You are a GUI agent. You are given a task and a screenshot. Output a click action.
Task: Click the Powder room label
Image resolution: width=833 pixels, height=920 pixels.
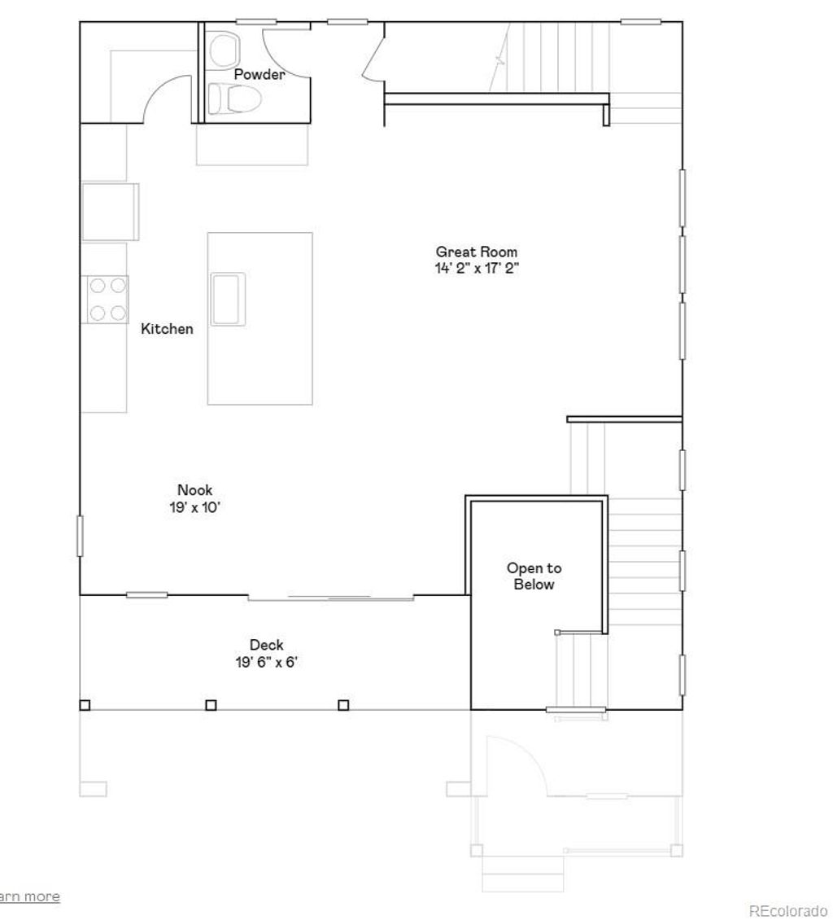[259, 75]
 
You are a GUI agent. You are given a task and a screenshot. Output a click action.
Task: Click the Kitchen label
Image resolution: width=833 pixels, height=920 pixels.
[167, 329]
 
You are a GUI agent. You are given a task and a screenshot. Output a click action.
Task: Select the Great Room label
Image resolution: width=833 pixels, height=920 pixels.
[476, 252]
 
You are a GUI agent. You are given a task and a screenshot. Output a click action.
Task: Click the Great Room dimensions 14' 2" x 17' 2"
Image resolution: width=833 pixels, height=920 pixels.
[476, 268]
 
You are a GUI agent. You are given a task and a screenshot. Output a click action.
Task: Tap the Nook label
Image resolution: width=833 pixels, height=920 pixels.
[195, 490]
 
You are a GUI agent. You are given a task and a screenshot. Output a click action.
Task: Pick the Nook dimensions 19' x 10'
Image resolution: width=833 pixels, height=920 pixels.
[195, 506]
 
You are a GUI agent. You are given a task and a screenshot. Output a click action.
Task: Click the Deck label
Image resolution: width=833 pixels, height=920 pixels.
[266, 646]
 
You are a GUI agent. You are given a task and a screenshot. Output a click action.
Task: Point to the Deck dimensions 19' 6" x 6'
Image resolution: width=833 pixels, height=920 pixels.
[266, 662]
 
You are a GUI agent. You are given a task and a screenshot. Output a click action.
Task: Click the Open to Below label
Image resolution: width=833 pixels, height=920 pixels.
[534, 576]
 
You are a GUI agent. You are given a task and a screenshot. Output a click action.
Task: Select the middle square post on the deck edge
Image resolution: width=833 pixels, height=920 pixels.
[211, 705]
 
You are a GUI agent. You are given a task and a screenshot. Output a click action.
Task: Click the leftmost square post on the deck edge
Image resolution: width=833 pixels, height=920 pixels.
[85, 705]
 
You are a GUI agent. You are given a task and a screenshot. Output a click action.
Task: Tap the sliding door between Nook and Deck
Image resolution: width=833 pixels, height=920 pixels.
[332, 598]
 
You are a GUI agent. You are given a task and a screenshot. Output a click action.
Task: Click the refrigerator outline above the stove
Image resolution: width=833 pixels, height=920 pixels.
[110, 212]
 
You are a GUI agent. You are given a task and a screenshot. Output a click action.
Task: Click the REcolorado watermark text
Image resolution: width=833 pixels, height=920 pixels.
[787, 910]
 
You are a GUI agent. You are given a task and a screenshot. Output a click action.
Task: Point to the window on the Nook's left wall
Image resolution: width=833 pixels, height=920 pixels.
[80, 536]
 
